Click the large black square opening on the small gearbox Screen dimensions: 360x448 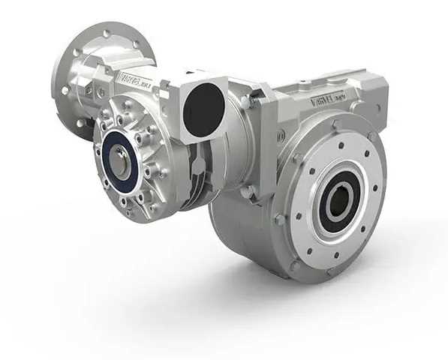pos(204,109)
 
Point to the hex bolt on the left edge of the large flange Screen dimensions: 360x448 pos(280,220)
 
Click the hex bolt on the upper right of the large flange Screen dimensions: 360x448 pos(372,136)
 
